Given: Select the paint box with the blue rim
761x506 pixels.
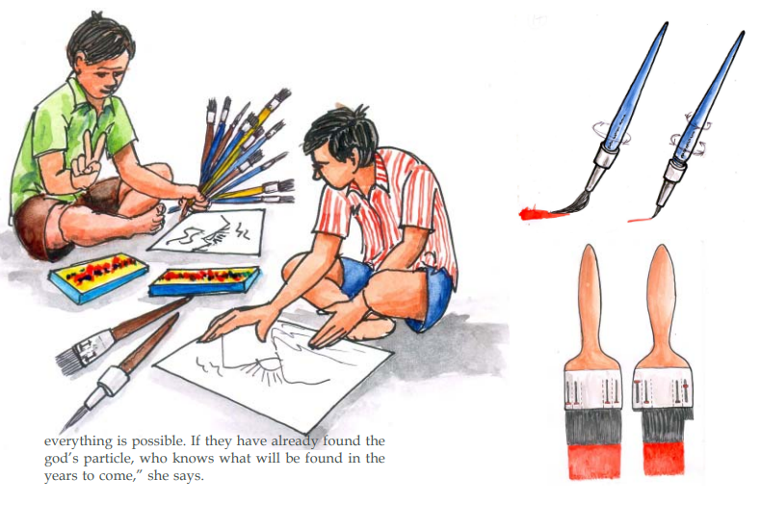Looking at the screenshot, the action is pyautogui.click(x=205, y=281).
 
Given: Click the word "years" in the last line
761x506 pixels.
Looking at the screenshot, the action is pyautogui.click(x=62, y=476).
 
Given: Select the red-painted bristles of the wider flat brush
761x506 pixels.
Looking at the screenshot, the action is pyautogui.click(x=594, y=461).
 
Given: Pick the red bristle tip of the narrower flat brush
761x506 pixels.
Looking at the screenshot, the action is pyautogui.click(x=664, y=459).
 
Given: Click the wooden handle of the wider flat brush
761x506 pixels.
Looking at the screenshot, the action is pyautogui.click(x=591, y=310).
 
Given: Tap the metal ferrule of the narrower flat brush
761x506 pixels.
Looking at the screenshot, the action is pyautogui.click(x=664, y=389).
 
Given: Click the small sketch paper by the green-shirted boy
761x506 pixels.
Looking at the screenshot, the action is pyautogui.click(x=206, y=231).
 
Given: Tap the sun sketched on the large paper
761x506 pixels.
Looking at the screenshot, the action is pyautogui.click(x=267, y=369).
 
